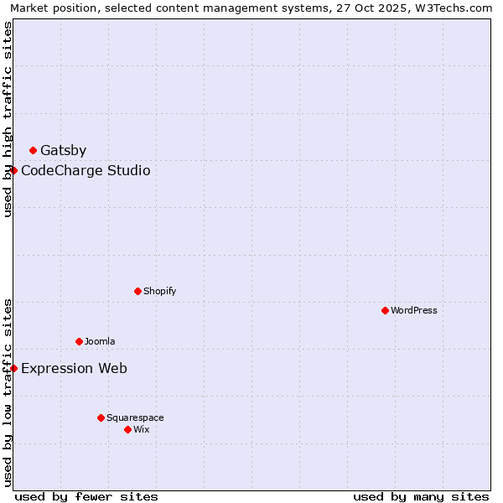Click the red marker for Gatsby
(34, 151)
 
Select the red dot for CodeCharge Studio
(14, 171)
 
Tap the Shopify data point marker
(138, 292)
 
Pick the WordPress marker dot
(386, 311)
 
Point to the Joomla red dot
(80, 342)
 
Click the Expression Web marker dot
(14, 369)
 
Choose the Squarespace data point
(101, 418)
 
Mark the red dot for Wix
(128, 430)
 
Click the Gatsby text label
(63, 151)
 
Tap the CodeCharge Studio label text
(86, 171)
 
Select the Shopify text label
(159, 292)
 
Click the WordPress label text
(414, 311)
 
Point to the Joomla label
(100, 342)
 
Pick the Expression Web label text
(74, 369)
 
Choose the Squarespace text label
(135, 418)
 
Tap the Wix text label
(142, 430)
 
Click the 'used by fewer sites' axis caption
(86, 497)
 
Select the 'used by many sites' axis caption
(421, 497)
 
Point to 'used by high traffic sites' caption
(8, 119)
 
